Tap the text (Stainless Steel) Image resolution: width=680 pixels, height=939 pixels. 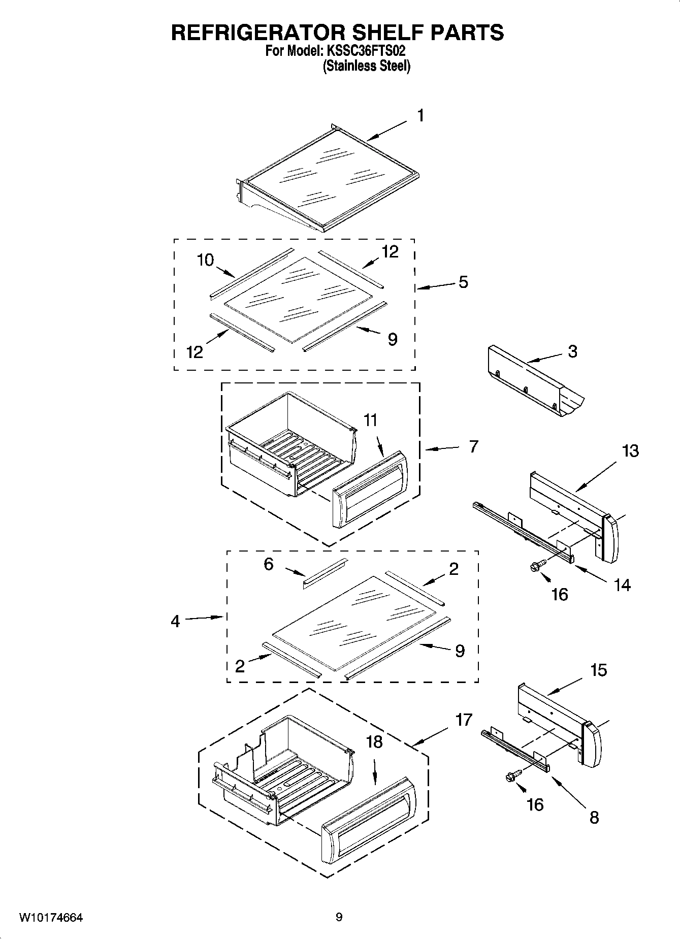click(x=366, y=66)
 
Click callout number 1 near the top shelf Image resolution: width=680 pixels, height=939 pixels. click(x=420, y=116)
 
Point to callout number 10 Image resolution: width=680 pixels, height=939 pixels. click(x=205, y=260)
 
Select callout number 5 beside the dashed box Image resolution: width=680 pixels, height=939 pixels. click(x=463, y=282)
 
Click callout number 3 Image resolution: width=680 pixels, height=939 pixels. click(x=572, y=351)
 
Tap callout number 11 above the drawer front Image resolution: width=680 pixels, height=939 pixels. click(x=370, y=420)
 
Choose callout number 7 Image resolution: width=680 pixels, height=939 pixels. click(x=473, y=446)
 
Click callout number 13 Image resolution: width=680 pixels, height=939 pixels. click(x=630, y=450)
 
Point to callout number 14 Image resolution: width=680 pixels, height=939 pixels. click(x=622, y=585)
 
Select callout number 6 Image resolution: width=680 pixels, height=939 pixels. click(x=269, y=564)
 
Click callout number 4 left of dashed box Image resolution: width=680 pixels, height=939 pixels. click(x=175, y=621)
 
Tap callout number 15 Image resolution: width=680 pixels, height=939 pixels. click(x=599, y=670)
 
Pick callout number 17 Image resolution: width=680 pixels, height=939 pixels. click(x=464, y=720)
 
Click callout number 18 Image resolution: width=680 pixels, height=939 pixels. click(x=374, y=742)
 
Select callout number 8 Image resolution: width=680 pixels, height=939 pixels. click(x=594, y=817)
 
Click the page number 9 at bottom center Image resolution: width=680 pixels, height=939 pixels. click(x=339, y=917)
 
